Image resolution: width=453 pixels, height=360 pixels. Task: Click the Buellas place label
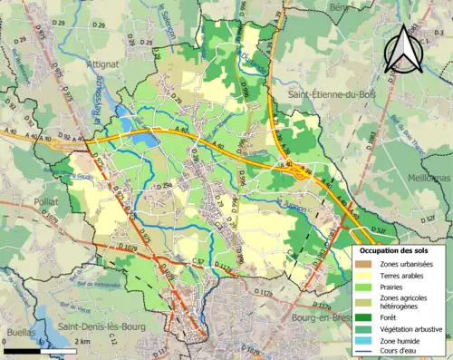tap(21, 333)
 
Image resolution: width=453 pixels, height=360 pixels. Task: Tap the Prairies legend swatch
tap(364, 286)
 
